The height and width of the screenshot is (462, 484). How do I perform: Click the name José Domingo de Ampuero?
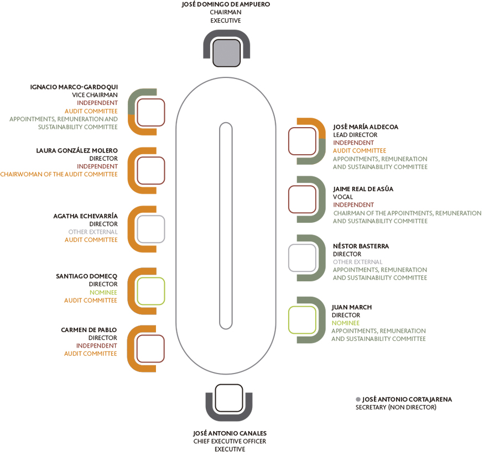(226, 4)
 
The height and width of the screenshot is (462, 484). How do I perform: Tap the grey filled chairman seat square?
(227, 53)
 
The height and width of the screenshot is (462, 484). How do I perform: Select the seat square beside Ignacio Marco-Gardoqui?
(151, 112)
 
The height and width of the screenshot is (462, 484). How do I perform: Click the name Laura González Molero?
(77, 150)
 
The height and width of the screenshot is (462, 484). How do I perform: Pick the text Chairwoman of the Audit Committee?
(59, 174)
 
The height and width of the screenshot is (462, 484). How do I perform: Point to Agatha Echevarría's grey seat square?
(151, 229)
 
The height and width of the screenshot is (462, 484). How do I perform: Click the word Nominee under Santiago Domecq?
(103, 292)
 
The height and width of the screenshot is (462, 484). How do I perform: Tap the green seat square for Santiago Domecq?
(151, 291)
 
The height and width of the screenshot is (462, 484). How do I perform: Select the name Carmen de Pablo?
(89, 330)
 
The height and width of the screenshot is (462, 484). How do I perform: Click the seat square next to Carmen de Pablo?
(150, 349)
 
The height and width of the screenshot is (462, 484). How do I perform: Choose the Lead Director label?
(355, 135)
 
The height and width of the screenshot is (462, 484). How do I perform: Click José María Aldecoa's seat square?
(302, 141)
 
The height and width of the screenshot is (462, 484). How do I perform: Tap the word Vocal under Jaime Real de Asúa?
(342, 197)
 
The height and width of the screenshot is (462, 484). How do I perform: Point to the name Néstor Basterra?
(361, 246)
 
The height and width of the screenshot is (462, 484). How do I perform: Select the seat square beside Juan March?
(302, 320)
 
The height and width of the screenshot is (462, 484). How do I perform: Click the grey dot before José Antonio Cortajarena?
(358, 400)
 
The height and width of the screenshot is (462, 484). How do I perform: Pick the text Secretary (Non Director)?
(396, 407)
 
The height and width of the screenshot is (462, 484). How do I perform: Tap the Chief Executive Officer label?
(230, 442)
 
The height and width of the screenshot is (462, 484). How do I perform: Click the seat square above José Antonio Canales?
(229, 398)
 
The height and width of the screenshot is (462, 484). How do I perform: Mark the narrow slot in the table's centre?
(226, 226)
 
